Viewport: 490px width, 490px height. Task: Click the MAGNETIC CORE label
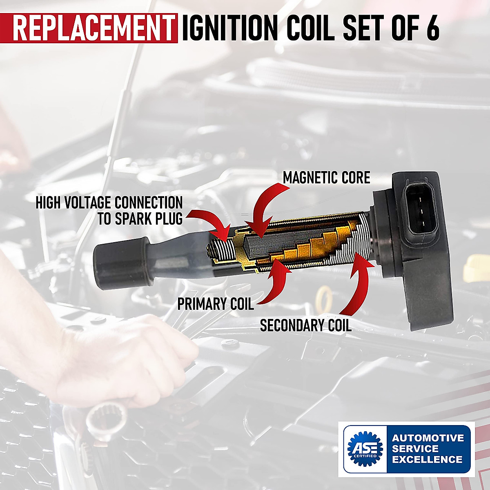coord(326,178)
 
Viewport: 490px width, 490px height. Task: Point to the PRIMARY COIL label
coord(215,304)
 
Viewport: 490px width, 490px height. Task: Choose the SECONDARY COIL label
coord(305,325)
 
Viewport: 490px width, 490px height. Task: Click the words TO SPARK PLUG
coord(140,219)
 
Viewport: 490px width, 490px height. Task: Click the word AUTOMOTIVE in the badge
coord(428,438)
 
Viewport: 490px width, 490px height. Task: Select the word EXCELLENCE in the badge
coord(427,459)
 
